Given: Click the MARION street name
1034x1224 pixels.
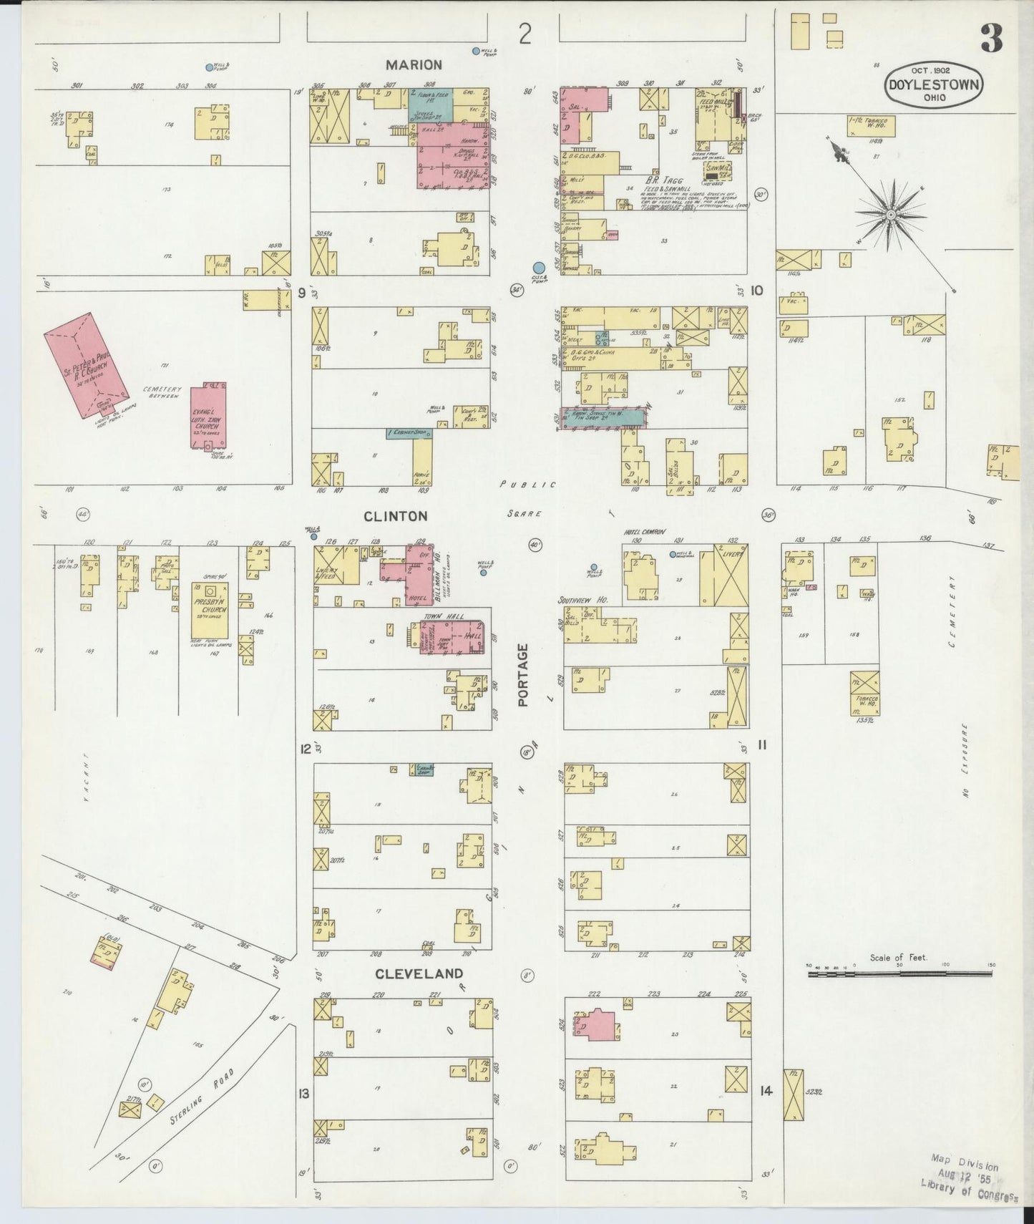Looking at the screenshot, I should point(414,65).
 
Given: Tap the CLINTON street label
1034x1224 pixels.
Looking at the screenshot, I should point(395,516).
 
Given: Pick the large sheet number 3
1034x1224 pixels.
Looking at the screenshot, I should point(991,39).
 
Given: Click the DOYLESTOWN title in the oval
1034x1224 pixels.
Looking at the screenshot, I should point(935,84).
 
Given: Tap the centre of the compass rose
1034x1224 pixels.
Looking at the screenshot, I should point(892,214).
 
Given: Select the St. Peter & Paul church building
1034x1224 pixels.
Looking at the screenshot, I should point(87,364).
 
